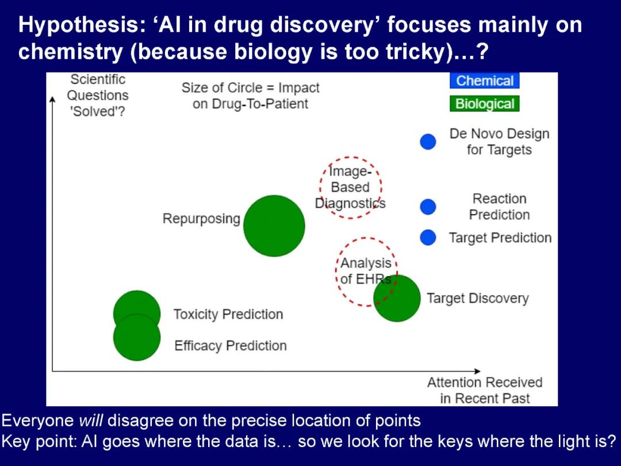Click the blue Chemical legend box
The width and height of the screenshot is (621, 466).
pos(484,81)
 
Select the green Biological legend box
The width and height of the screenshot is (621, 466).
pos(484,104)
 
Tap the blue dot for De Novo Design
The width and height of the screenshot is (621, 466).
pos(428,142)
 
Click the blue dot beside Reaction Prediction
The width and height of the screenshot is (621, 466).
pos(428,207)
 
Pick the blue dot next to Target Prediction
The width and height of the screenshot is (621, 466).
pos(428,237)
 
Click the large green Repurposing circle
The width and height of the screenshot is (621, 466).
pos(274,226)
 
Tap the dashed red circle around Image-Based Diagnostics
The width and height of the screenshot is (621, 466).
pos(351,187)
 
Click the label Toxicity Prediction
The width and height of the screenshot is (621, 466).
pos(228,315)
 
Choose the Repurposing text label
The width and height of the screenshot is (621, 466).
pos(201,219)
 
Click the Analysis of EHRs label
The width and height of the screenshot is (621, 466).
pos(366,271)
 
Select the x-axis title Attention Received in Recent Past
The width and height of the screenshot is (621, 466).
pos(485,390)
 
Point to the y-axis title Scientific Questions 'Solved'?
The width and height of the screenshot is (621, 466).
pos(98,95)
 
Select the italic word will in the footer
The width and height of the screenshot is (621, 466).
pos(91,421)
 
